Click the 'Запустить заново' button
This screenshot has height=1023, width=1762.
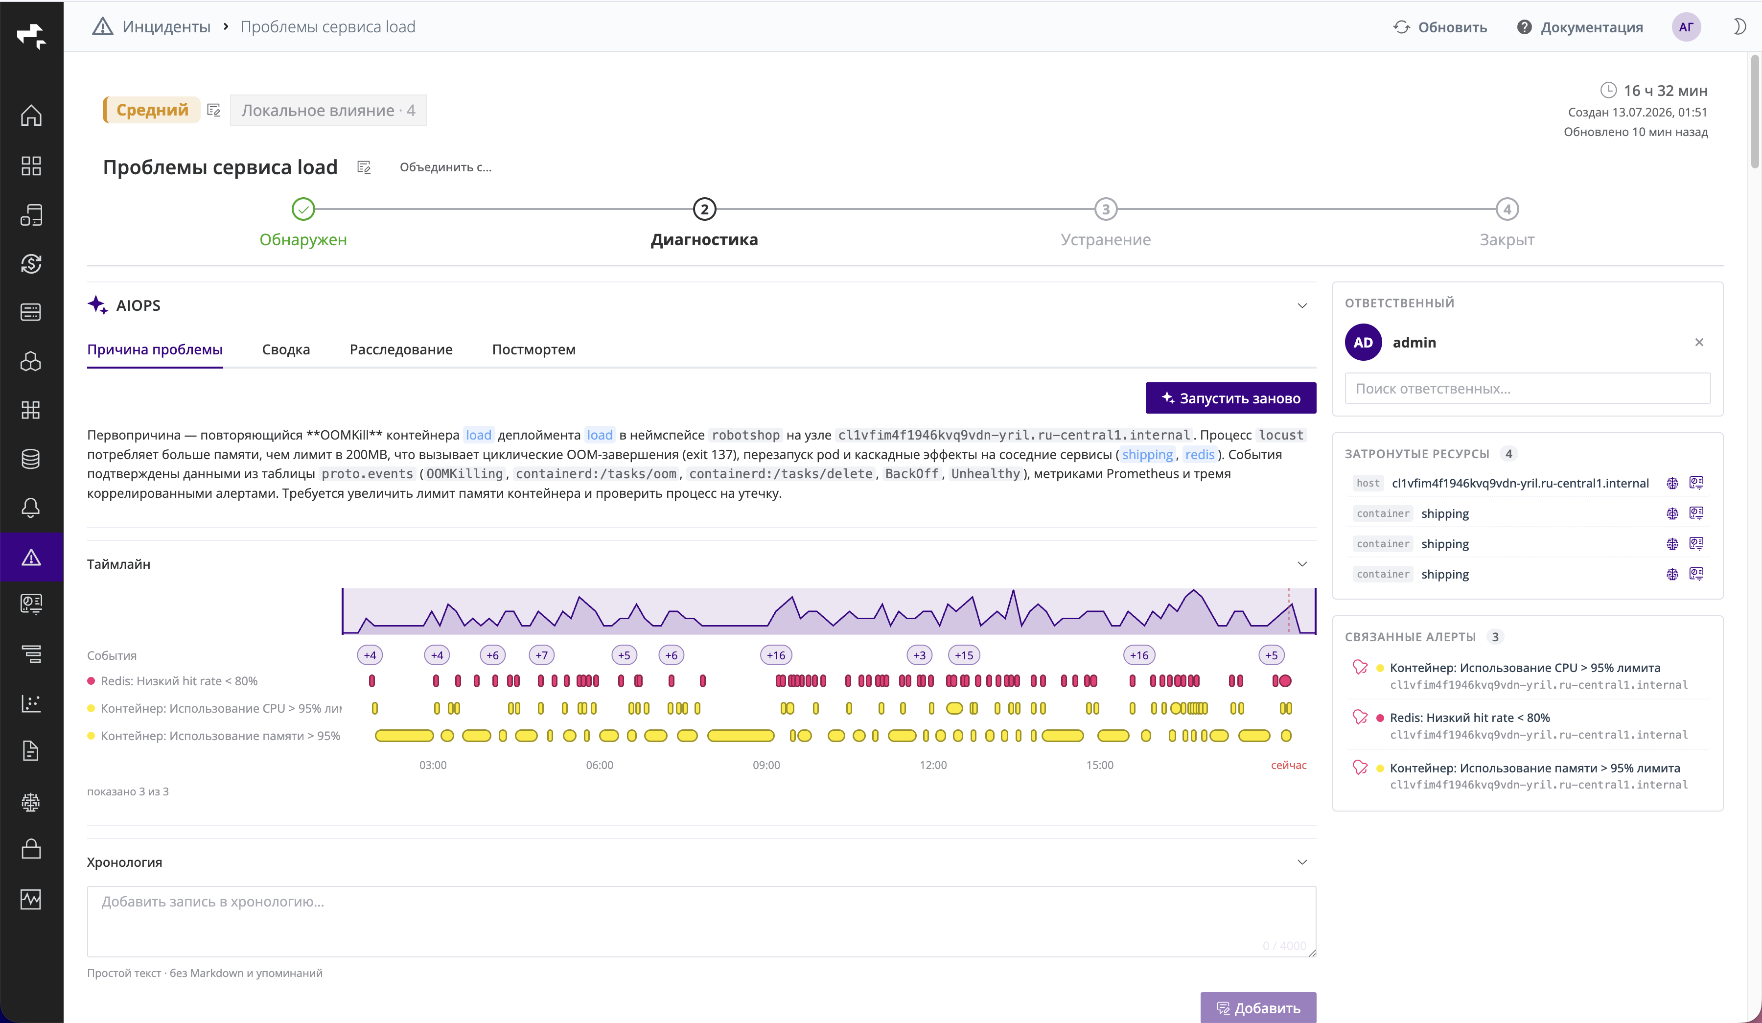(x=1230, y=398)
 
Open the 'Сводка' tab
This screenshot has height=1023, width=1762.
(x=286, y=349)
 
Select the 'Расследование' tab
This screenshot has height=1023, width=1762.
(x=401, y=349)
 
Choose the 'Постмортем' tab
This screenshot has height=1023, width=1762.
(x=533, y=349)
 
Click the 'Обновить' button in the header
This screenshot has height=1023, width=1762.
(x=1440, y=27)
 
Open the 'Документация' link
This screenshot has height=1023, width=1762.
(x=1580, y=27)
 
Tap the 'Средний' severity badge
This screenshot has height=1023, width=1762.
(x=152, y=110)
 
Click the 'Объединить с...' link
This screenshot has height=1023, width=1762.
(x=445, y=167)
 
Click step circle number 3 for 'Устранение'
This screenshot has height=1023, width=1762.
(x=1106, y=209)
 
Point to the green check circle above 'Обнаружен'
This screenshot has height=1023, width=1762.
(x=303, y=209)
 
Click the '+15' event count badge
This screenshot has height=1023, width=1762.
(x=964, y=655)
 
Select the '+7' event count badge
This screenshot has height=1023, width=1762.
(x=542, y=655)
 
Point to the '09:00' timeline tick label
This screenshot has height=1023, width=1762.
(x=766, y=765)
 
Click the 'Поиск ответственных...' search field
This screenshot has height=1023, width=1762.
(x=1528, y=389)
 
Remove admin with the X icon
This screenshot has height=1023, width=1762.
(x=1699, y=342)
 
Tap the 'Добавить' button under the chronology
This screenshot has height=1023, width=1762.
(x=1258, y=1008)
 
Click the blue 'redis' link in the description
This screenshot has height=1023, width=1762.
(x=1200, y=455)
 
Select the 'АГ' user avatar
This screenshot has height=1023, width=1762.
(x=1686, y=27)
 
